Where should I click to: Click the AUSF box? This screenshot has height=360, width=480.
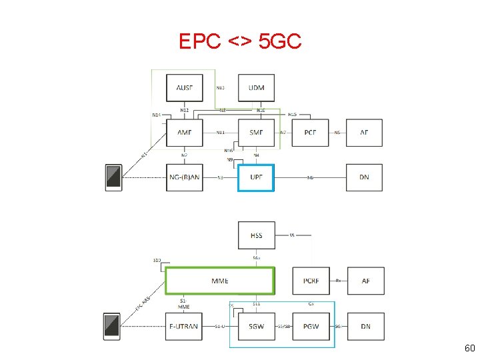[x=184, y=88]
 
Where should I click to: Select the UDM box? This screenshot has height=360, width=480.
[x=256, y=88]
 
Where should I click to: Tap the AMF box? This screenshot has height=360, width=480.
[x=184, y=133]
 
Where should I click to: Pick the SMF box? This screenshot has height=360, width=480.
[x=256, y=133]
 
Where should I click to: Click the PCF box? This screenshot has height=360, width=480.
[x=310, y=133]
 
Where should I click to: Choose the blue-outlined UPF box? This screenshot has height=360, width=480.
[x=256, y=177]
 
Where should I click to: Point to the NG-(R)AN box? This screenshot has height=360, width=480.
[x=184, y=177]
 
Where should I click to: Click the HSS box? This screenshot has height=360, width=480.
[x=256, y=235]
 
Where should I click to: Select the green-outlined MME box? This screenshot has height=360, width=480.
[x=219, y=281]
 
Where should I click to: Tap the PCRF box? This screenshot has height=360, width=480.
[x=311, y=281]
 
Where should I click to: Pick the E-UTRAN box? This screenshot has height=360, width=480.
[x=184, y=326]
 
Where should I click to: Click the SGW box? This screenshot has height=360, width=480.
[x=256, y=326]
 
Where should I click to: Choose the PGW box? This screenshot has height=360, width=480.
[x=311, y=326]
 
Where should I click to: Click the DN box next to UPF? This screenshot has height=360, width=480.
[x=365, y=177]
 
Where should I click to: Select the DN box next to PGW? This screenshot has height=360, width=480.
[x=365, y=326]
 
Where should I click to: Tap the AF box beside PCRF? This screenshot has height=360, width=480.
[x=365, y=281]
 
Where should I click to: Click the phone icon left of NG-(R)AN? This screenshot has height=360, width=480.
[x=113, y=177]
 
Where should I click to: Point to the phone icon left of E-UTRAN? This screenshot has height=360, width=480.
[x=112, y=326]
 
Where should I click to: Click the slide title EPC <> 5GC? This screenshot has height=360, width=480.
[x=240, y=42]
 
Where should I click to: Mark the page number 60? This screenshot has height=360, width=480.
[x=469, y=349]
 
